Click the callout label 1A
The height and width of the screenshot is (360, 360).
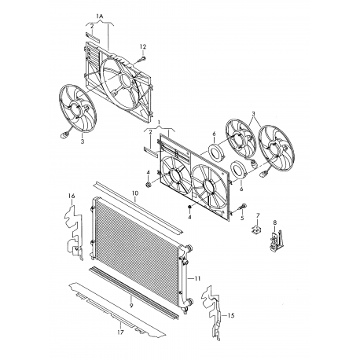pos(100,17)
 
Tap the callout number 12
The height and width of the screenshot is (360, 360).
pos(143,47)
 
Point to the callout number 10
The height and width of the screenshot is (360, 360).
pos(135,193)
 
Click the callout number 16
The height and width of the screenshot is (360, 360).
pos(72,196)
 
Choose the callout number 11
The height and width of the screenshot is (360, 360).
pos(197,278)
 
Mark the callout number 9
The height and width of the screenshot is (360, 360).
pos(131,306)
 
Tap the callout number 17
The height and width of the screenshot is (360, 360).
pos(120,332)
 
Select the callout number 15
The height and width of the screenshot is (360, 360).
pos(230,316)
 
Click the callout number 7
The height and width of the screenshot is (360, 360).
pos(258,215)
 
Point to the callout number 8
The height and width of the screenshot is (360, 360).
pos(274,222)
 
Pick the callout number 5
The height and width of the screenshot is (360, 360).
pos(242,218)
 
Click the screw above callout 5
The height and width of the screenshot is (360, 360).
pos(242,208)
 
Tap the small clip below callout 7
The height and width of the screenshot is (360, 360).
pos(256,230)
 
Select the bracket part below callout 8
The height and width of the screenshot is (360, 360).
pos(277,241)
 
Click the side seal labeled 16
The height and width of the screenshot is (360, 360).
pos(75,233)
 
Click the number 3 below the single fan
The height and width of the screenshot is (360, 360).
pos(83,141)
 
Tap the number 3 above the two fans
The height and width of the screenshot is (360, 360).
pos(253,114)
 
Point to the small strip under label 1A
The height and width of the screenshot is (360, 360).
pos(93,38)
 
